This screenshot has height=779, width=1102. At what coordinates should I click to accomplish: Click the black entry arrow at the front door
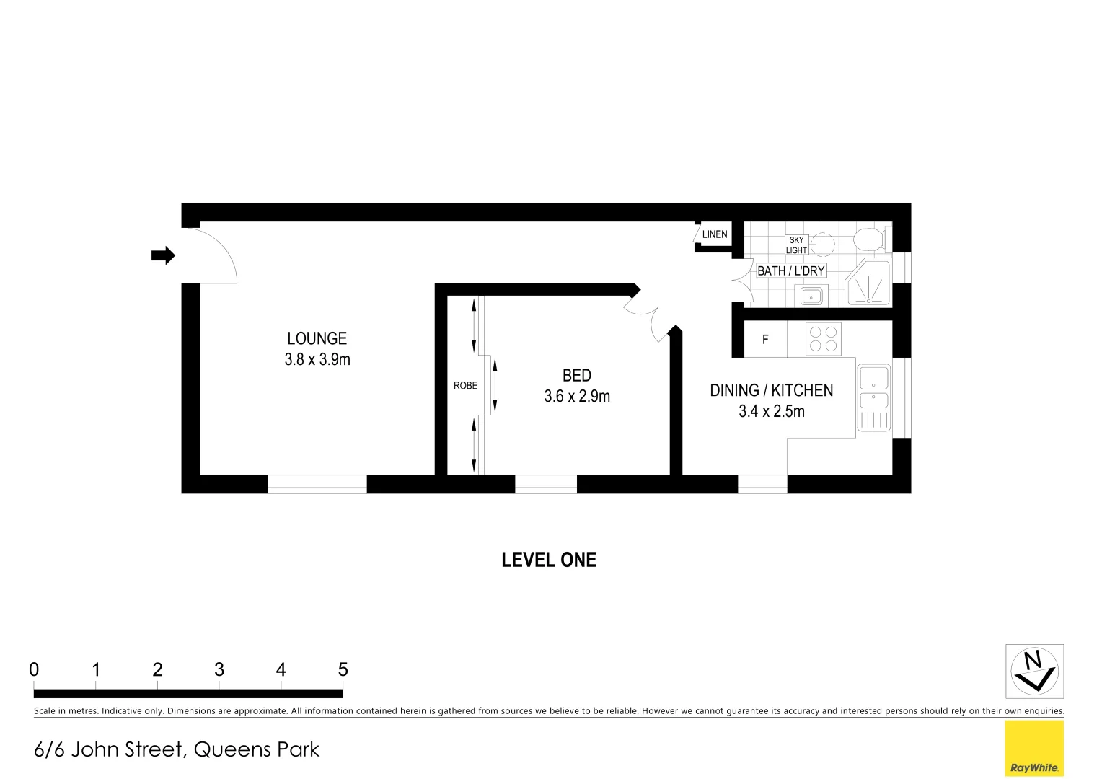[163, 255]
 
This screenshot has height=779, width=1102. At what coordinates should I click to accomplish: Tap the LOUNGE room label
[317, 338]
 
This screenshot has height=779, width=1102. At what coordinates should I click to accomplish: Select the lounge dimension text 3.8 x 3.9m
[317, 359]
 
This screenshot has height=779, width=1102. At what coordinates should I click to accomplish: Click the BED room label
[576, 375]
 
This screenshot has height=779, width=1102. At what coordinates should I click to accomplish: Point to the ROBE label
[465, 386]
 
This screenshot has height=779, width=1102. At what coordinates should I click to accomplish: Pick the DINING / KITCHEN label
[771, 390]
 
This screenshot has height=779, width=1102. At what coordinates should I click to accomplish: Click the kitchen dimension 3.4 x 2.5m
[771, 411]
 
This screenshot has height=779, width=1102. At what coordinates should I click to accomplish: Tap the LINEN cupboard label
[714, 234]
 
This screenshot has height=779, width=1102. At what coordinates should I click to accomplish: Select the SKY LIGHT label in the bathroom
[796, 245]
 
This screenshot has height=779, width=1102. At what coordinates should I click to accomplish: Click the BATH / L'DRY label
[790, 270]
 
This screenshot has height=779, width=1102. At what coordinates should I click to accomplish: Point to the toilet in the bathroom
[870, 239]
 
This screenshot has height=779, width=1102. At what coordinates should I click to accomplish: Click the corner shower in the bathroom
[870, 284]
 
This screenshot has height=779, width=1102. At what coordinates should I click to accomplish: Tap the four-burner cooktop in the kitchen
[823, 339]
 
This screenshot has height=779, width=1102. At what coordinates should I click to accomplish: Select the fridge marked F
[765, 339]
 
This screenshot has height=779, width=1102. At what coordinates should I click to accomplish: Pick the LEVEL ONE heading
[549, 560]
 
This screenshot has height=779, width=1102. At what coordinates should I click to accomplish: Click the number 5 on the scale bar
[343, 670]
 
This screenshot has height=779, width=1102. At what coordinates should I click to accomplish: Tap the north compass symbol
[1034, 671]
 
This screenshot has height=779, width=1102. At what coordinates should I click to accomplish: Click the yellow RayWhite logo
[1034, 748]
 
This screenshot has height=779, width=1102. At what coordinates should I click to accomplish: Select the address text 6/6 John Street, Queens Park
[177, 749]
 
